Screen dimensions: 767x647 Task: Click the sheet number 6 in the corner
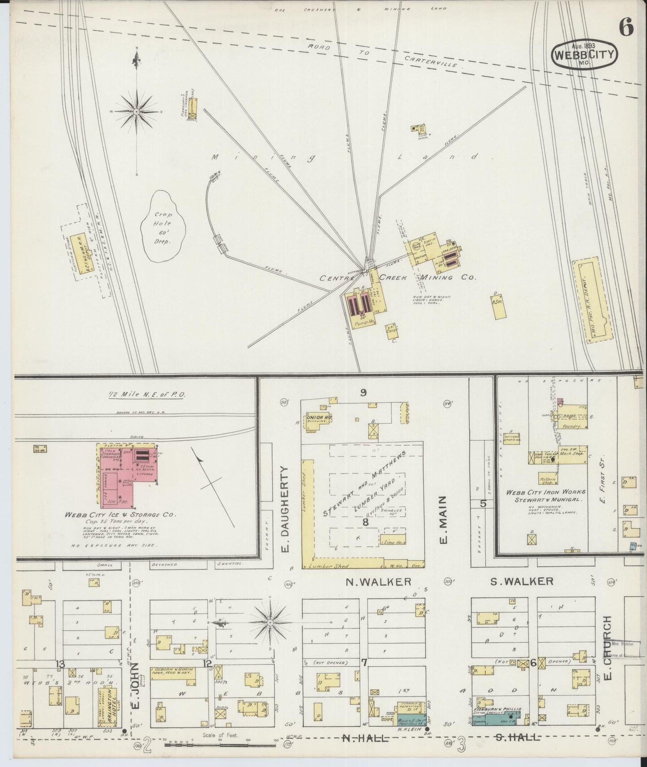pyautogui.click(x=626, y=28)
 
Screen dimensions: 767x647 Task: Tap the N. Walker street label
pyautogui.click(x=378, y=582)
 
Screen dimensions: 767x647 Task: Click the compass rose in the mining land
pyautogui.click(x=136, y=111)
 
